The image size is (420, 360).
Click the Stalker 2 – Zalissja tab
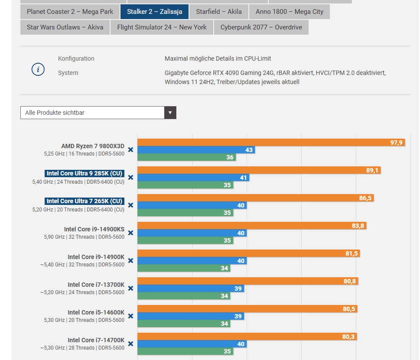154,12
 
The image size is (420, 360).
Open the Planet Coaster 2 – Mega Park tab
70,12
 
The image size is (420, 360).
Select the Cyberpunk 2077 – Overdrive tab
261,27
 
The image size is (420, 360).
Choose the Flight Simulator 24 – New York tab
162,27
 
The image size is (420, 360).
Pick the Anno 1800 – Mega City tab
290,12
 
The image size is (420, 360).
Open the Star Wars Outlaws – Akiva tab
65,27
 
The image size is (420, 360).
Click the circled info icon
38,69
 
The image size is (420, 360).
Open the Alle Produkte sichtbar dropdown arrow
170,113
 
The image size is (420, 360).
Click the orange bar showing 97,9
271,143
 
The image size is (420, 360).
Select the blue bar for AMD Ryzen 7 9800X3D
196,150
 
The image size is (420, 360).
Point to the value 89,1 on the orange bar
372,170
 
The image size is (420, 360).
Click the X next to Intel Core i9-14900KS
130,233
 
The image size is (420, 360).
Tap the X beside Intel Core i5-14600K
130,316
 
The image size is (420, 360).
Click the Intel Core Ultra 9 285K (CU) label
85,174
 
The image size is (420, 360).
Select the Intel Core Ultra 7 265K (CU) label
85,201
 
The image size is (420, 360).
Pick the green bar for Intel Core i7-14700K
185,351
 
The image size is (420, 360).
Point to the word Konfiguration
76,58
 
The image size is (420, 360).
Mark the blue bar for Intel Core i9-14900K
192,261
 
